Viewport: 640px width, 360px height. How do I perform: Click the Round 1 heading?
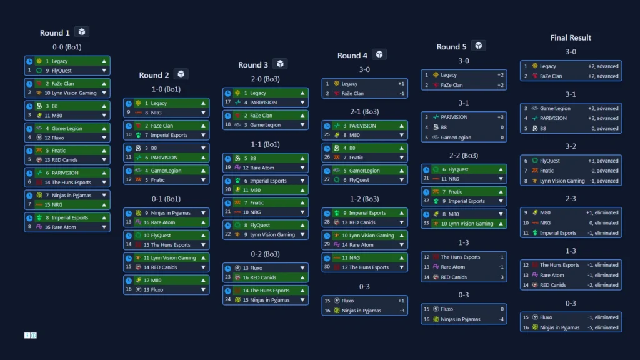tap(55, 33)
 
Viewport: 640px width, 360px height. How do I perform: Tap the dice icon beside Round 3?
tap(280, 64)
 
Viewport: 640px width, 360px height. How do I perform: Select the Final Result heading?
tap(571, 37)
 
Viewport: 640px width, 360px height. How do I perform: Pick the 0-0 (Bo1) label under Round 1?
tap(67, 47)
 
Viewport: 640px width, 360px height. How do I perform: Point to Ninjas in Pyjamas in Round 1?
tap(68, 195)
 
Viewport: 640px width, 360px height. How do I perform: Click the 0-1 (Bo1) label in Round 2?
tap(166, 199)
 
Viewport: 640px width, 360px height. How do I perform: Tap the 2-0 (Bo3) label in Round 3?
tap(266, 79)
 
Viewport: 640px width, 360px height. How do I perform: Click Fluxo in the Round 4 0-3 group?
tap(348, 301)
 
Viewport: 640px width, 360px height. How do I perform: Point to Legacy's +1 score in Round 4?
tap(401, 83)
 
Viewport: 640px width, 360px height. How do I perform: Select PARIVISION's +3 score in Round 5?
tap(500, 117)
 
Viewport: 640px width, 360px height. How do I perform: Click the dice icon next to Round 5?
tap(478, 46)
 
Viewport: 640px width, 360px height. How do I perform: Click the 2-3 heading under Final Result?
tap(571, 199)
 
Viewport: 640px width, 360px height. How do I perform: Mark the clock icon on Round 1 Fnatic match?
tap(29, 151)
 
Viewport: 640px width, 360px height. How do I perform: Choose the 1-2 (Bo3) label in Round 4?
tap(365, 199)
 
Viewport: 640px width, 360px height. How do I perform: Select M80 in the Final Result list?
tap(546, 212)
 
